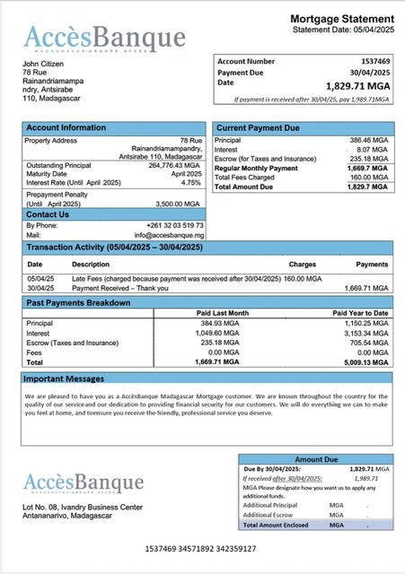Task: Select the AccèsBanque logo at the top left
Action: tap(104, 38)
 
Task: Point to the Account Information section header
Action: tap(66, 128)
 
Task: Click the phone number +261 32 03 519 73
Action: tap(174, 225)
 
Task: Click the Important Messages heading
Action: tap(66, 378)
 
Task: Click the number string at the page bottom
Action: tap(200, 548)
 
